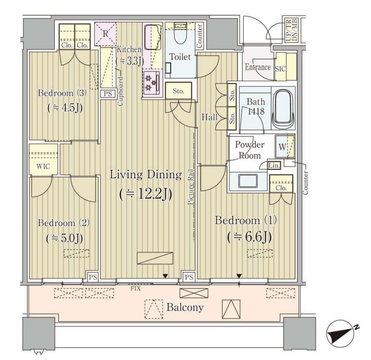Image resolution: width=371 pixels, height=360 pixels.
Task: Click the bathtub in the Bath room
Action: (x=283, y=109)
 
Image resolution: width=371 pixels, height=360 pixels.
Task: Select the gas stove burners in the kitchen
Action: (x=151, y=82)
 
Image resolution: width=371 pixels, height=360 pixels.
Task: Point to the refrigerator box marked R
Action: (x=105, y=34)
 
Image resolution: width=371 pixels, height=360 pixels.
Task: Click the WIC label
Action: (x=43, y=166)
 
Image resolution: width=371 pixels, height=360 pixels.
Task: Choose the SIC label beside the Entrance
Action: (x=281, y=69)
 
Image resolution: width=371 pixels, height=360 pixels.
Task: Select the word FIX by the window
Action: (x=136, y=289)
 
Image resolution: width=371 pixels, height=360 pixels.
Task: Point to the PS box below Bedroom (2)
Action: (x=93, y=277)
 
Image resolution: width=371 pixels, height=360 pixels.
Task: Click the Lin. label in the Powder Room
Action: (x=274, y=166)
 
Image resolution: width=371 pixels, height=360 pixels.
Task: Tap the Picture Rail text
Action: (x=191, y=187)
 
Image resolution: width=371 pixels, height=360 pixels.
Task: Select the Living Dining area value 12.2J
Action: (x=146, y=194)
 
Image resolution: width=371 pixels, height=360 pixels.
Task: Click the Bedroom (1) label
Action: (x=245, y=220)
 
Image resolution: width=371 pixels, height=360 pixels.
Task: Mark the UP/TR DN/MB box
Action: (x=292, y=30)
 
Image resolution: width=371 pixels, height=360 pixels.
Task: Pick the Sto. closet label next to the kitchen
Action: (x=178, y=91)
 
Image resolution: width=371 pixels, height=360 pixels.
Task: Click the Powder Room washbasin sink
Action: (x=248, y=181)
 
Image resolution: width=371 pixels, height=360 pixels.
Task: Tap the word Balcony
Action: (x=185, y=307)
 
